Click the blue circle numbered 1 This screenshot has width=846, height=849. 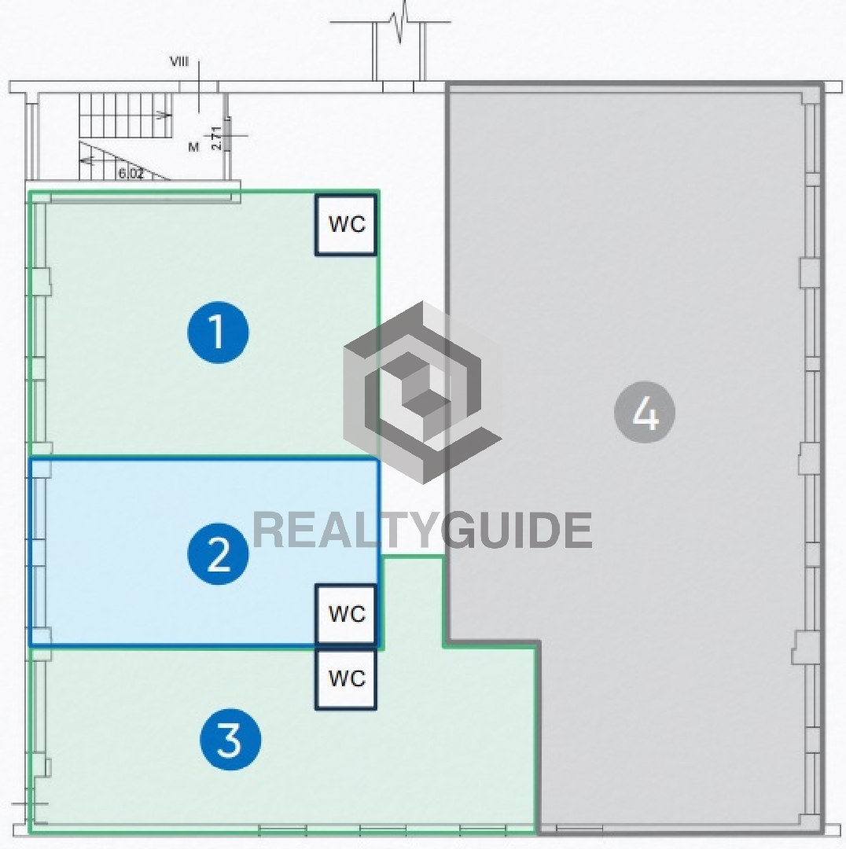(219, 332)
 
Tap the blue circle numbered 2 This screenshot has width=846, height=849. (219, 553)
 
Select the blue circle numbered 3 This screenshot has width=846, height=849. (230, 740)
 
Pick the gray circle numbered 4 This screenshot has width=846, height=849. (645, 412)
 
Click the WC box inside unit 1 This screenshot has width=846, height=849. (346, 224)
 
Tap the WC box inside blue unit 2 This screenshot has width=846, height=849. (345, 614)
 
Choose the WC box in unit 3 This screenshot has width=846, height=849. (345, 679)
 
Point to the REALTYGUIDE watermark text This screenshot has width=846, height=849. (422, 530)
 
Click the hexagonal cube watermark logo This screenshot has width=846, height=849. (422, 392)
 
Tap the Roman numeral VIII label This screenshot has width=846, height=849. (179, 61)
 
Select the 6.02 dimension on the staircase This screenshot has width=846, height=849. (131, 173)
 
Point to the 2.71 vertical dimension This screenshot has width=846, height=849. (216, 138)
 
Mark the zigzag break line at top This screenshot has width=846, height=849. (401, 22)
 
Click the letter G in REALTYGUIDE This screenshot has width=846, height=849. (458, 530)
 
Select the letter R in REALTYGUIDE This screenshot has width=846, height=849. (269, 530)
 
